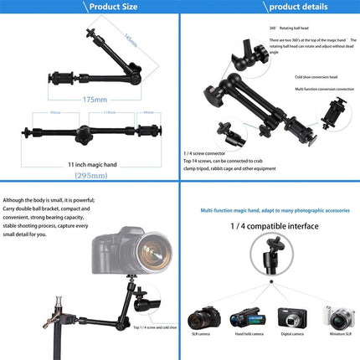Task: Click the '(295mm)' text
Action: click(x=90, y=177)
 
